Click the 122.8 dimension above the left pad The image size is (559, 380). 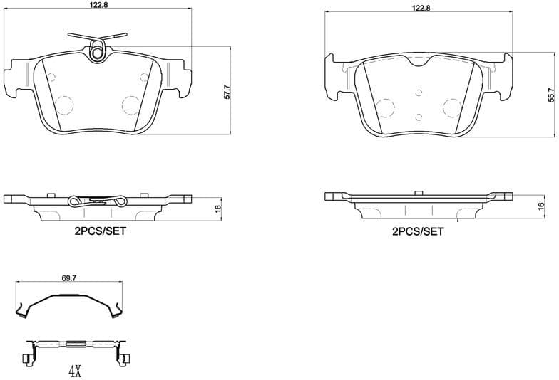97,4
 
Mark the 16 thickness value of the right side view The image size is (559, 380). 540,208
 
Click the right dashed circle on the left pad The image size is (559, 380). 131,105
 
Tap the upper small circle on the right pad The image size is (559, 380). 419,91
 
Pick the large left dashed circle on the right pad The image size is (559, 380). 385,108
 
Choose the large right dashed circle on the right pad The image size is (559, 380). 452,108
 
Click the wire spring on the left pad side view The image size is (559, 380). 98,201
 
